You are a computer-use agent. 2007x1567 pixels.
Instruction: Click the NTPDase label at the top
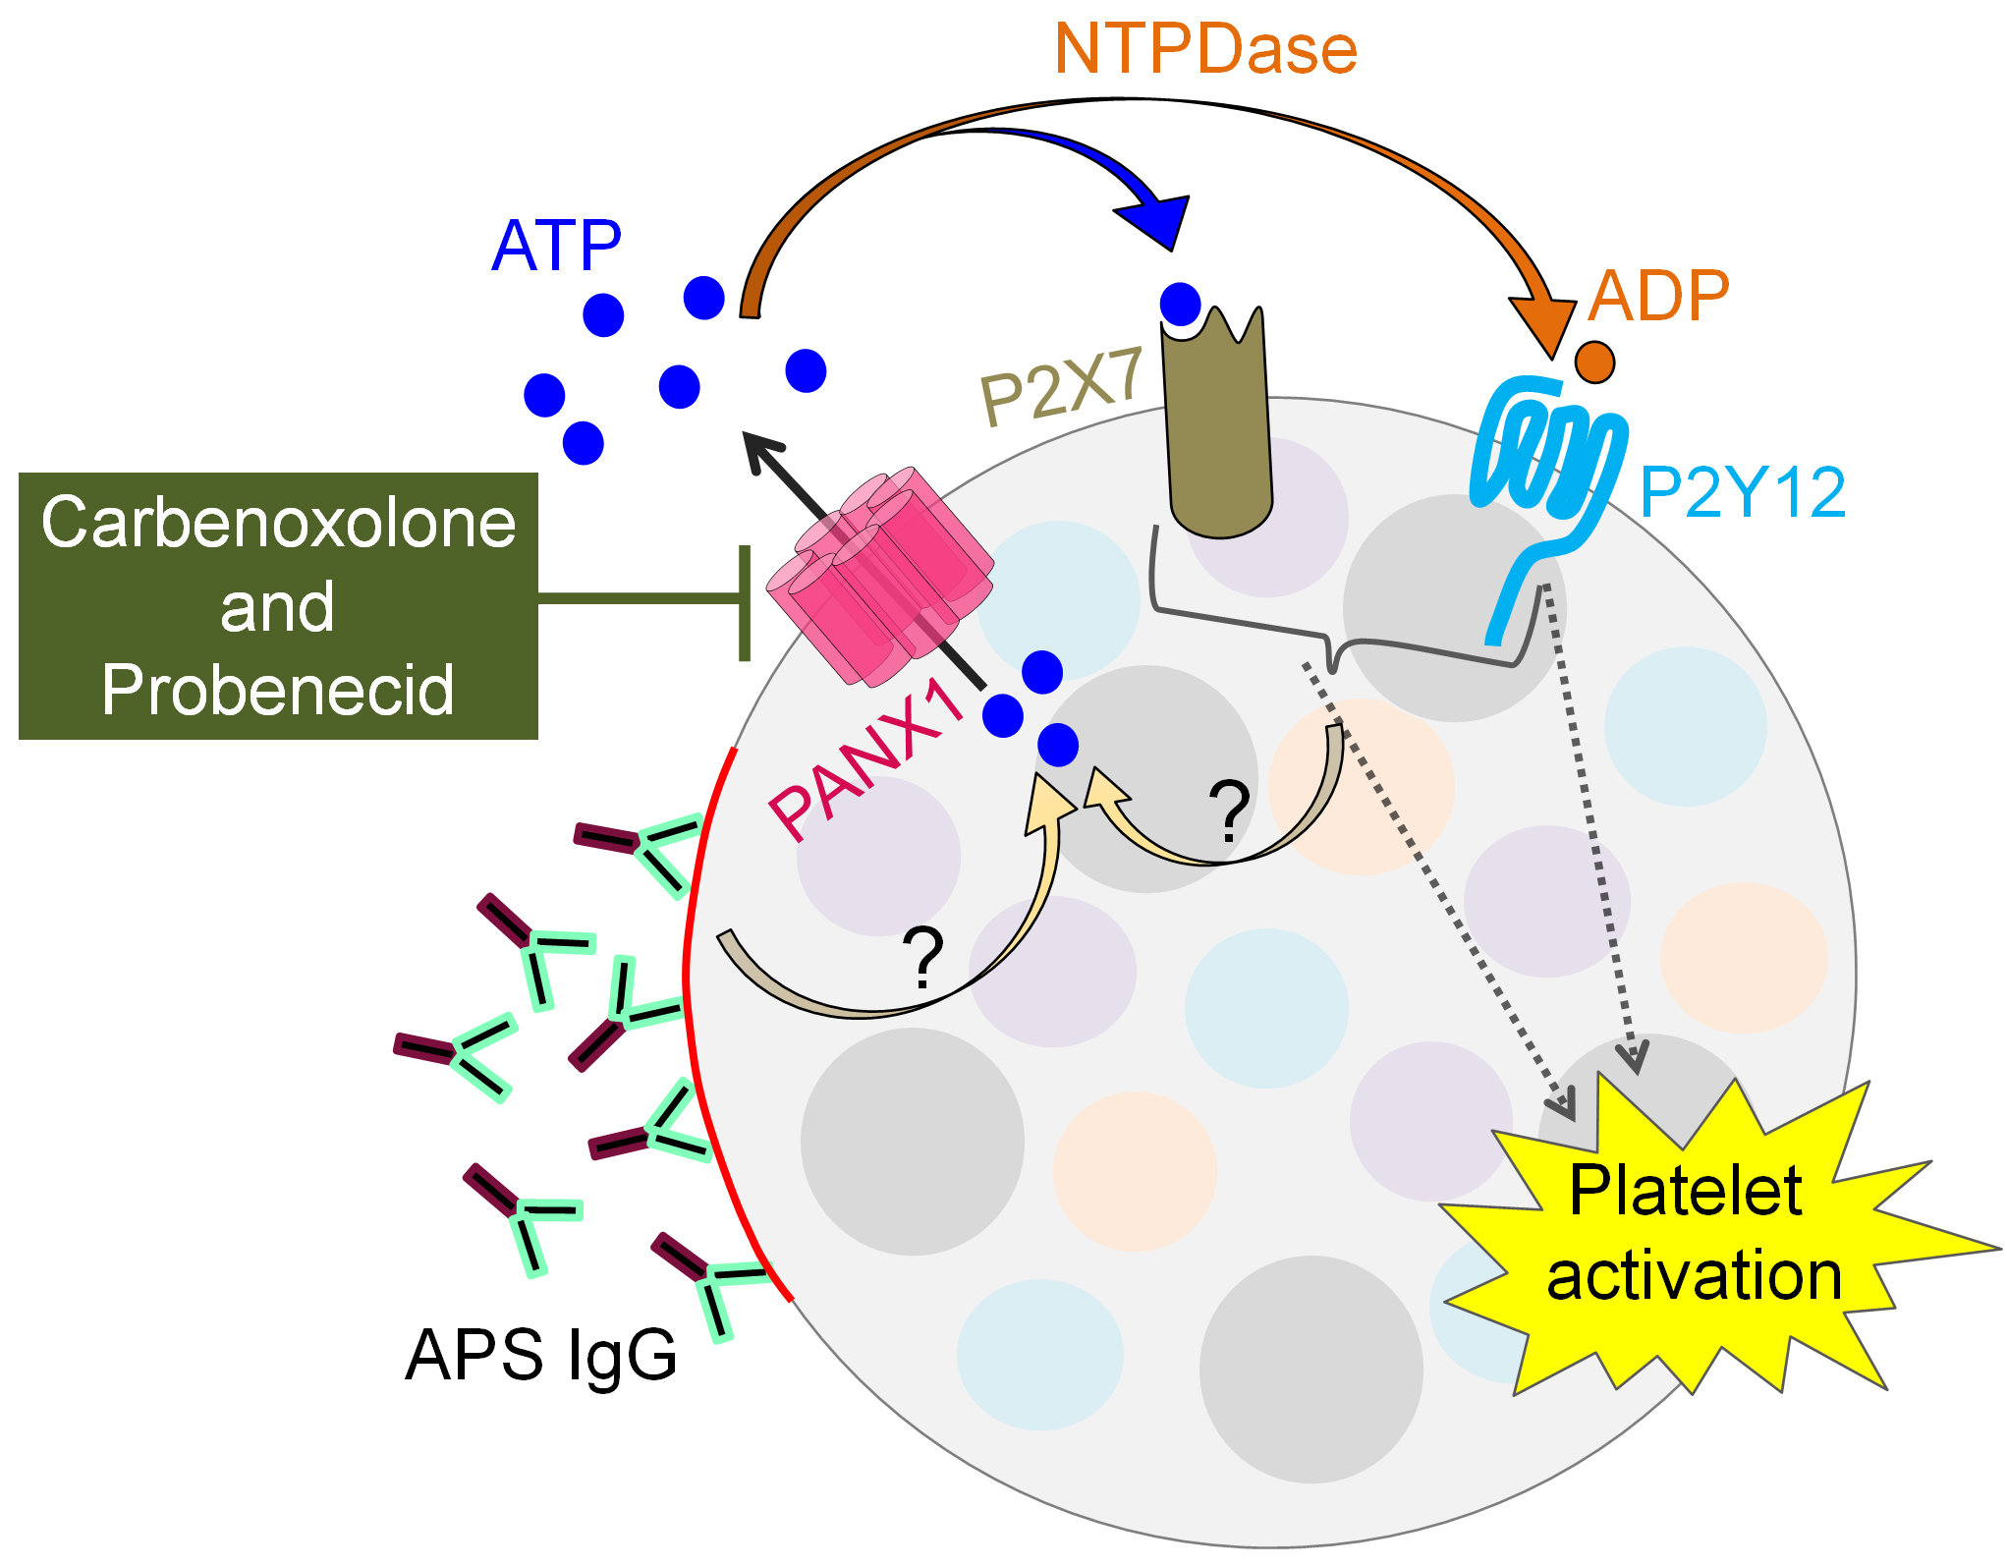pyautogui.click(x=1205, y=48)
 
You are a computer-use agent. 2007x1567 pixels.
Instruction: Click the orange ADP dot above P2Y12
pyautogui.click(x=1594, y=362)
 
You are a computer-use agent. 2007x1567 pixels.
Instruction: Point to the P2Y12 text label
pyautogui.click(x=1743, y=492)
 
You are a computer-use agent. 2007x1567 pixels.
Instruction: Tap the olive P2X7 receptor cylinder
pyautogui.click(x=1218, y=432)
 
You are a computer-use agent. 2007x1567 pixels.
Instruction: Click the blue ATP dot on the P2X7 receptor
pyautogui.click(x=1180, y=304)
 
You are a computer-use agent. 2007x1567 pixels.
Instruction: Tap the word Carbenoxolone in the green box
pyautogui.click(x=278, y=522)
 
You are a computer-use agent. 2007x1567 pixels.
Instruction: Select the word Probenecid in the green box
pyautogui.click(x=278, y=690)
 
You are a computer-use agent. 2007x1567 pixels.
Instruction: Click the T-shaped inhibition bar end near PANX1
pyautogui.click(x=745, y=602)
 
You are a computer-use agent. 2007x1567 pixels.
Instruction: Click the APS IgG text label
pyautogui.click(x=541, y=1356)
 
